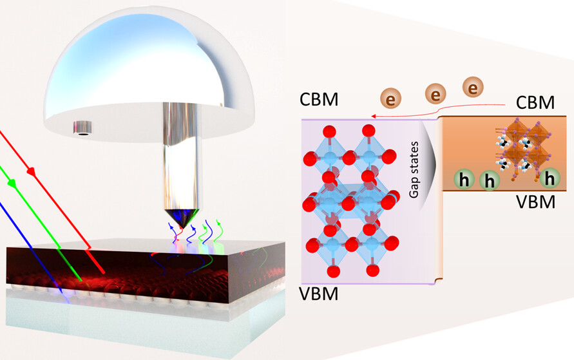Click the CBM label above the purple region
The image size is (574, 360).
(x=320, y=101)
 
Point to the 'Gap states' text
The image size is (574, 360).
(x=415, y=161)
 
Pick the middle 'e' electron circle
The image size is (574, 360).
(x=437, y=95)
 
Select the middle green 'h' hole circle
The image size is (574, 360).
(x=490, y=182)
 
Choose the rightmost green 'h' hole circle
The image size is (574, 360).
(x=550, y=177)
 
